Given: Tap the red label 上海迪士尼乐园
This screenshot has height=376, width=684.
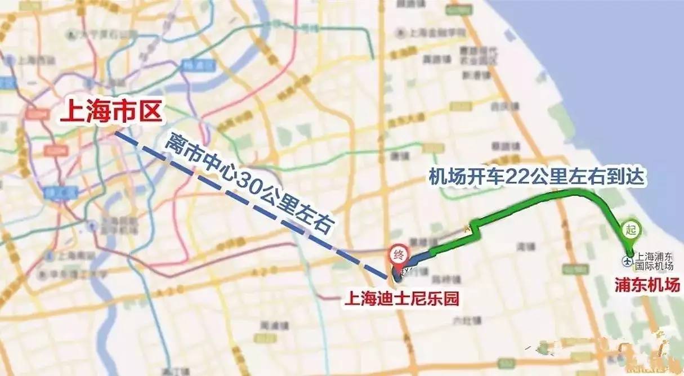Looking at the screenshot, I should (403, 298).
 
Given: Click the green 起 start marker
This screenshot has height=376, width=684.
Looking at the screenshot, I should (630, 230).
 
